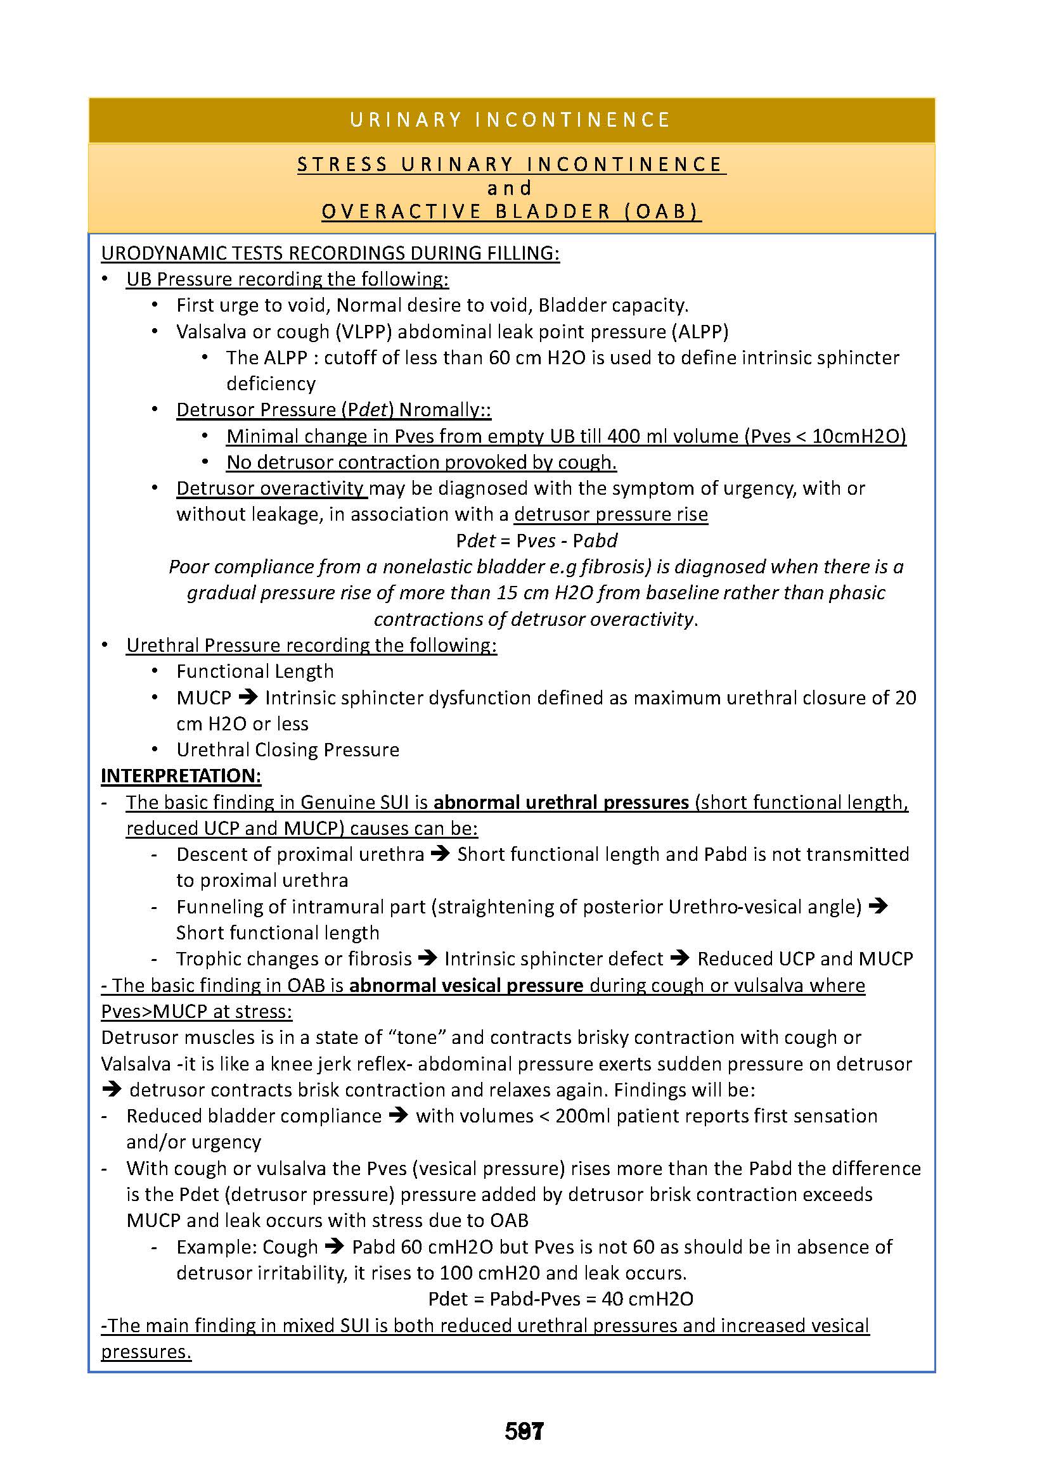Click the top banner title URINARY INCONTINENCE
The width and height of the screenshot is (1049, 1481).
pos(510,120)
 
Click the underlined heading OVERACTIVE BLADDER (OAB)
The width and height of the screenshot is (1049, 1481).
pos(510,212)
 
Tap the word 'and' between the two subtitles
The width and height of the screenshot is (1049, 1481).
pos(510,188)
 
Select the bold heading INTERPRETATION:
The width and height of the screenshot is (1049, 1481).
pos(181,775)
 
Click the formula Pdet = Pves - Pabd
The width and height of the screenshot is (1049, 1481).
pos(536,540)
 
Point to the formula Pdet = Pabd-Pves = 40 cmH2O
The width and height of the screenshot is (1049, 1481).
pos(561,1299)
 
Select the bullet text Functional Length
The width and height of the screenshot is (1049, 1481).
pos(255,671)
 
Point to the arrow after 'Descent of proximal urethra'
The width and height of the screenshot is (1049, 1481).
pos(441,854)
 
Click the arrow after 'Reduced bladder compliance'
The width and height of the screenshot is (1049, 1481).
pos(399,1116)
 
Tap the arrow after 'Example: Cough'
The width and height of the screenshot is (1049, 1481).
pos(335,1246)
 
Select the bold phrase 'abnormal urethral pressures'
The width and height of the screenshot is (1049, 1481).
pos(561,802)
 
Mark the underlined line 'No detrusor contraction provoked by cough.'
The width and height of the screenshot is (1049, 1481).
pos(421,462)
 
